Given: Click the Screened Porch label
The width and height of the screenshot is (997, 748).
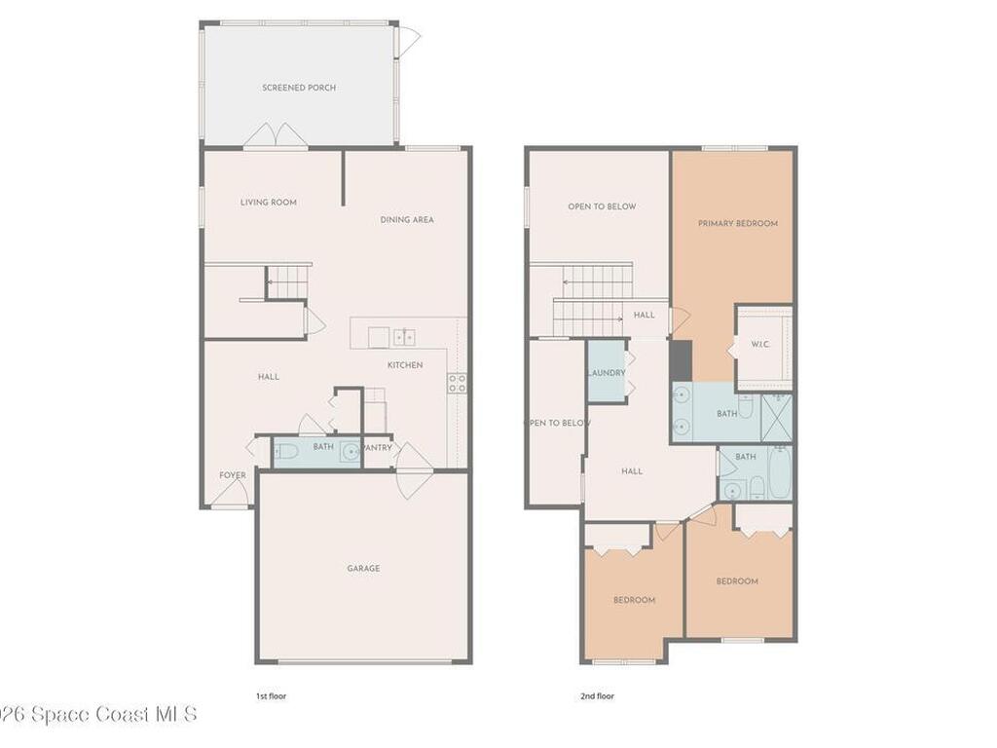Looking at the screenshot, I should click(x=299, y=88).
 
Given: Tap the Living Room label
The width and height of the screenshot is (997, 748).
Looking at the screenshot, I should click(x=269, y=203).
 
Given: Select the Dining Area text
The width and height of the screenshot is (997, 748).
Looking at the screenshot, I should click(x=407, y=220).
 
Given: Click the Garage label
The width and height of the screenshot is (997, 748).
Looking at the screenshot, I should click(x=363, y=569).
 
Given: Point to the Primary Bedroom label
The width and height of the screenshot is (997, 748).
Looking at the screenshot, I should click(x=738, y=224).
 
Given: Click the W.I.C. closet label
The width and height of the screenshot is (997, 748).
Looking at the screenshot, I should click(x=760, y=345).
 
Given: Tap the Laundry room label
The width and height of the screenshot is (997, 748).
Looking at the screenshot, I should click(x=606, y=374).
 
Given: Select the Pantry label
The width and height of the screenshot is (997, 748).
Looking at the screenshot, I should click(x=377, y=448).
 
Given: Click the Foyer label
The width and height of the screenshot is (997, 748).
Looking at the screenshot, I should click(x=233, y=475).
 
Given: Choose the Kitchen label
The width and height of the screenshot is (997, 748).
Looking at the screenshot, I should click(x=405, y=365).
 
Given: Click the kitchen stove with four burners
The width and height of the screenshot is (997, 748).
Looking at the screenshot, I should click(x=457, y=383).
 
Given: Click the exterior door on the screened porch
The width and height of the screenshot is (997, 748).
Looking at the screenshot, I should click(x=408, y=41).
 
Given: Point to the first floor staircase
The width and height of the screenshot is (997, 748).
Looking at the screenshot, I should click(x=287, y=282).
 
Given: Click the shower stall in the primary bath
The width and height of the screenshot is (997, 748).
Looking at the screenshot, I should click(x=777, y=418).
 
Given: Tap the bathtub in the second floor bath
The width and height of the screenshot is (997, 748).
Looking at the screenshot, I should click(x=778, y=472).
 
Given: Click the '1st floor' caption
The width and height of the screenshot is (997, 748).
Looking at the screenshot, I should click(x=271, y=696).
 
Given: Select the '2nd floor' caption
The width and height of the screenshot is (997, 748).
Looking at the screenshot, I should click(x=597, y=696).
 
